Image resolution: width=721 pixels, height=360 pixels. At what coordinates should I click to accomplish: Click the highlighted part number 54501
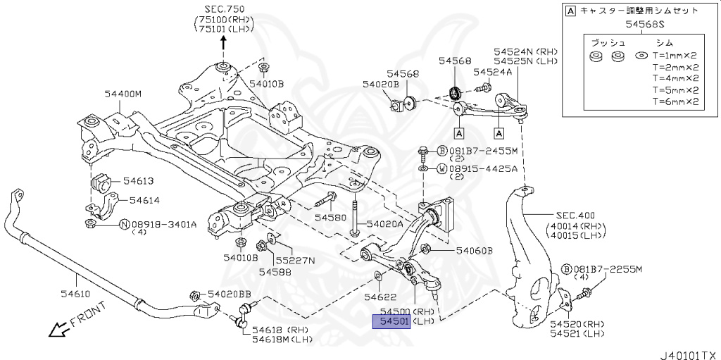pyautogui.click(x=391, y=322)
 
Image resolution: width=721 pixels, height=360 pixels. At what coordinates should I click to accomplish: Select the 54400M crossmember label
pyautogui.click(x=123, y=94)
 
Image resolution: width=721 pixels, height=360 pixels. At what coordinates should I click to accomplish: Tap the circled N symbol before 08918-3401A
pyautogui.click(x=124, y=225)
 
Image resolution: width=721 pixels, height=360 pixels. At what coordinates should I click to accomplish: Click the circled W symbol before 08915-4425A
pyautogui.click(x=441, y=169)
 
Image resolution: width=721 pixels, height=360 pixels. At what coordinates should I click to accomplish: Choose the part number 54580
pyautogui.click(x=330, y=218)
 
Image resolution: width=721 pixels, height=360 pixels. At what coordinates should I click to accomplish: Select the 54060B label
pyautogui.click(x=474, y=250)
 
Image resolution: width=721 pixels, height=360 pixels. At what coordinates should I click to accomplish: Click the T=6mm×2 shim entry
pyautogui.click(x=675, y=101)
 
